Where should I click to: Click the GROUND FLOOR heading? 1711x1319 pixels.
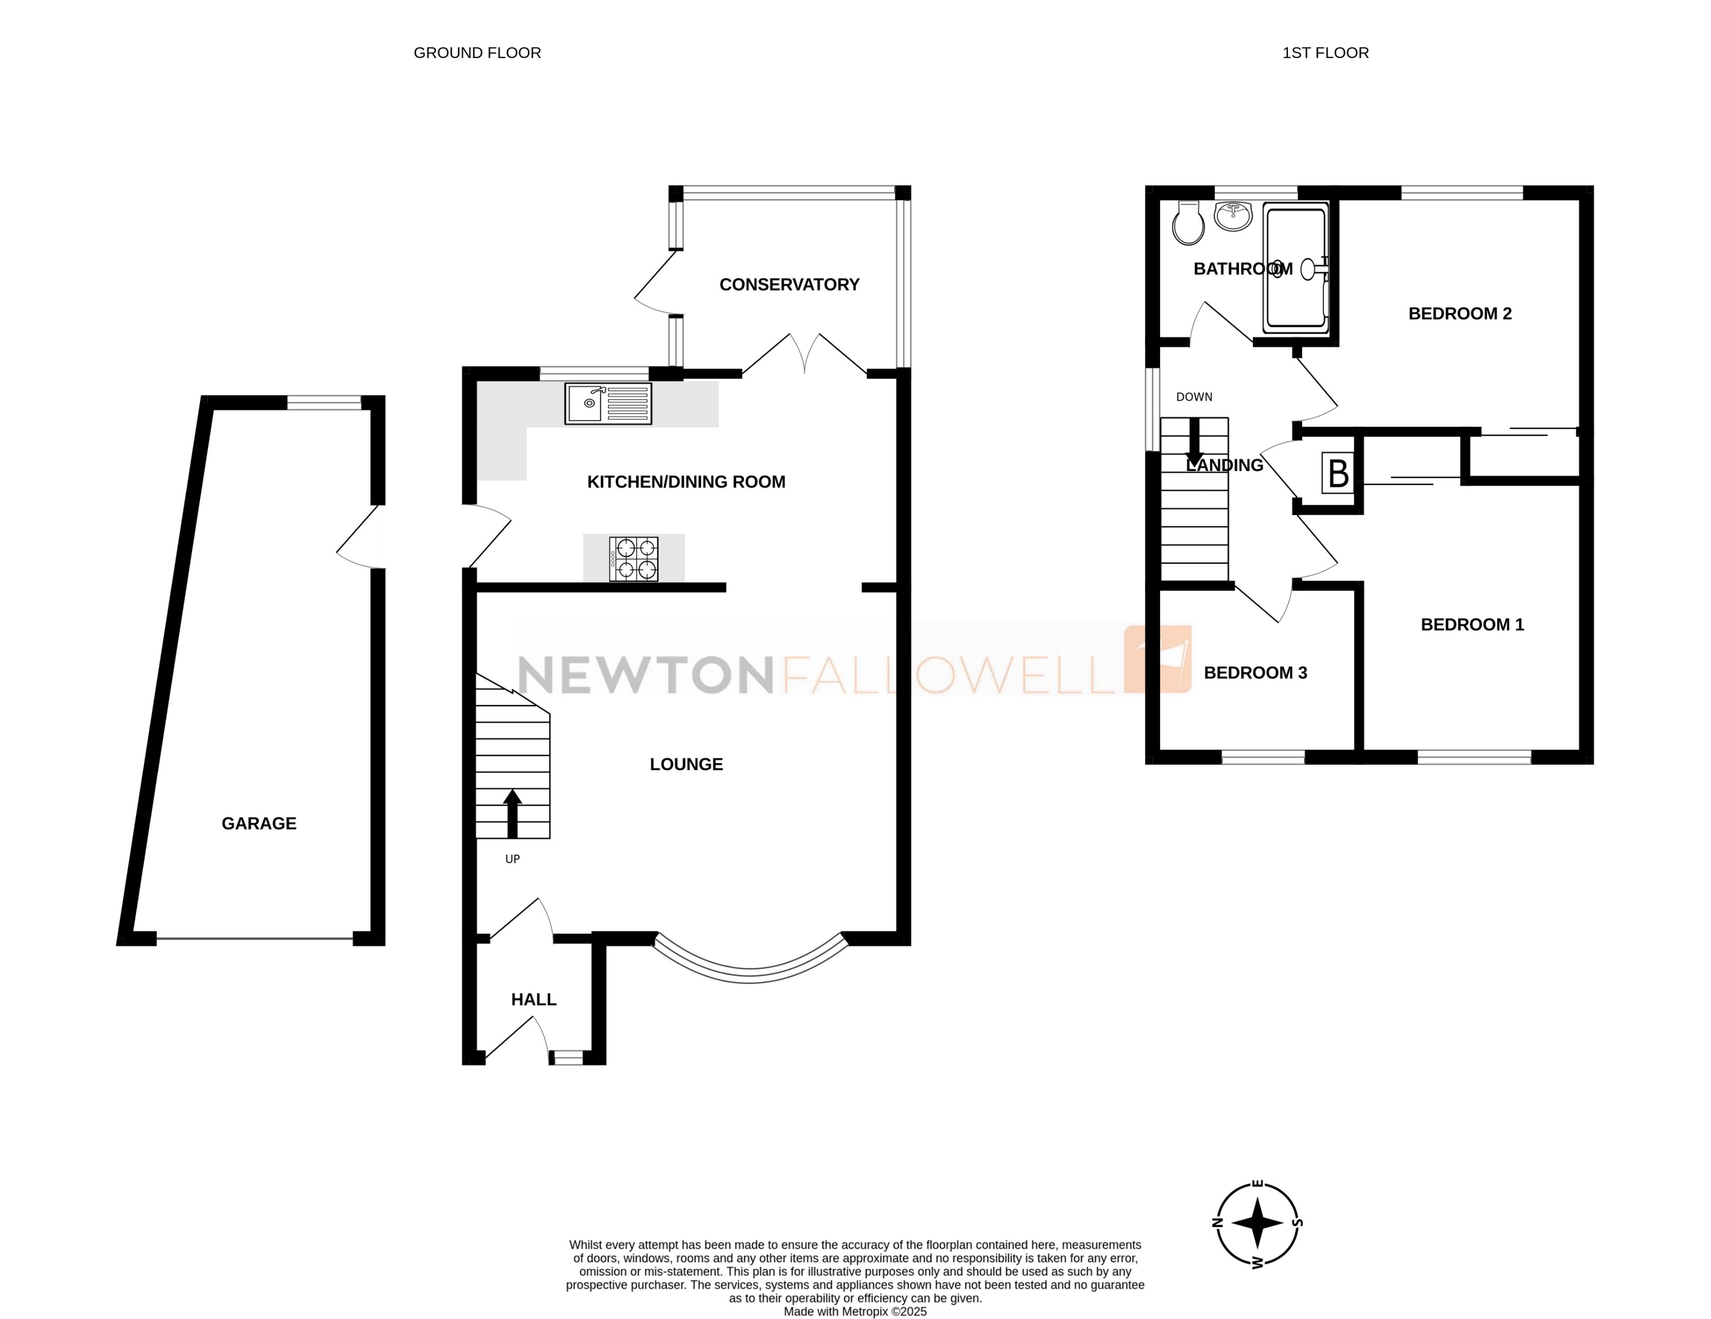477,53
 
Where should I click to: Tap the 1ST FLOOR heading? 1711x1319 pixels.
1326,53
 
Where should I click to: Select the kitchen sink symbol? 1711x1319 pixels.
608,404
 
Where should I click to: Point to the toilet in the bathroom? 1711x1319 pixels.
1188,224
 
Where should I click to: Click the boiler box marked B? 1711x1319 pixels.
1338,473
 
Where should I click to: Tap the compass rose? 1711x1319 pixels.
1258,1223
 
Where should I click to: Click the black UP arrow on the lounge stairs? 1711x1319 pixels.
513,814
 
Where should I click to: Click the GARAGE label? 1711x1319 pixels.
259,823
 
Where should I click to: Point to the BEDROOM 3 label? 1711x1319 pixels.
1255,673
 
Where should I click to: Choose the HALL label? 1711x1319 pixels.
534,999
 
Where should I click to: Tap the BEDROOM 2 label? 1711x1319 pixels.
1460,314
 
